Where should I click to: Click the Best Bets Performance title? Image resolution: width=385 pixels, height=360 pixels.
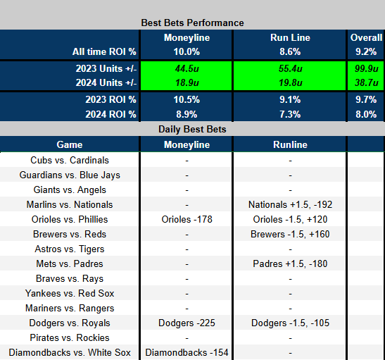[192, 23]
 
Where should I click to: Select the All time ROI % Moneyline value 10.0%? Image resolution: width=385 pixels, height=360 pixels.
[186, 51]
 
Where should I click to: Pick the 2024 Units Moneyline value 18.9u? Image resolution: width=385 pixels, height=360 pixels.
[186, 82]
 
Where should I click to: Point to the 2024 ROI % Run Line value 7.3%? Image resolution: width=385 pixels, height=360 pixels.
[290, 114]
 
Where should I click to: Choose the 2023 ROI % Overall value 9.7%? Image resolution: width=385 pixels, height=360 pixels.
[365, 100]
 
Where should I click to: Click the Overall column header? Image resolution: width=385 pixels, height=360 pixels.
[365, 37]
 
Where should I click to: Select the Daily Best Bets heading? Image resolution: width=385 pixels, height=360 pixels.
[192, 130]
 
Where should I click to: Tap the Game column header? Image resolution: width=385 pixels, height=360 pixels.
[70, 144]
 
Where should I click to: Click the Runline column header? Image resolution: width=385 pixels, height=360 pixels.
[290, 144]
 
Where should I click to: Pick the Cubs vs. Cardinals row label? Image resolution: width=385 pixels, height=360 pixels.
[70, 161]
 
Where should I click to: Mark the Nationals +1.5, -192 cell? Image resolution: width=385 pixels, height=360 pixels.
[290, 204]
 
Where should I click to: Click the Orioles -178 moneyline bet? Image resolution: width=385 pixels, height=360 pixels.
[186, 219]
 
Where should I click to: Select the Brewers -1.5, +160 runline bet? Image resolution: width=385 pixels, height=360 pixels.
[290, 234]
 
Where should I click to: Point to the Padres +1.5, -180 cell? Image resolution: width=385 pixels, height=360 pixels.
[290, 263]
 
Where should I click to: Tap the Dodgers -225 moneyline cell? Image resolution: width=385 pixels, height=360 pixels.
[186, 323]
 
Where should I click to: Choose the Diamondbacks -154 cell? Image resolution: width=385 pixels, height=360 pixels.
[186, 352]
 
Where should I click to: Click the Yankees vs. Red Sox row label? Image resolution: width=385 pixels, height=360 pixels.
[70, 293]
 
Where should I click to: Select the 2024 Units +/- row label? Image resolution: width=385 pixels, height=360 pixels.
[103, 82]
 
